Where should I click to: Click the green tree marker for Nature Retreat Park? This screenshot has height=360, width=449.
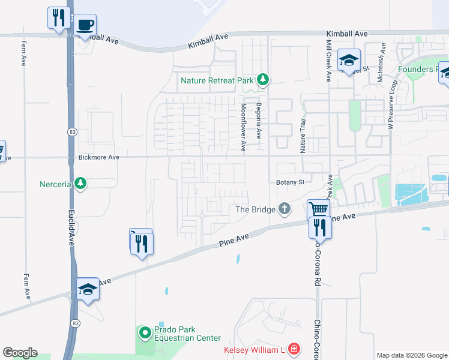pyautogui.click(x=262, y=79)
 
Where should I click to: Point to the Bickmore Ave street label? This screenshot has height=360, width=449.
pyautogui.click(x=99, y=157)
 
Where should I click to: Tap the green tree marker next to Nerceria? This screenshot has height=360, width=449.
pyautogui.click(x=80, y=182)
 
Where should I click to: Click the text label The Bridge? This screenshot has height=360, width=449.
pyautogui.click(x=255, y=209)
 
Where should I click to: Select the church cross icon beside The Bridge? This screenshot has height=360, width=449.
pyautogui.click(x=284, y=209)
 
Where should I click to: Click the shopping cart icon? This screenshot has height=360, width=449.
pyautogui.click(x=318, y=209)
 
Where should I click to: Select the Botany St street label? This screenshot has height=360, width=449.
pyautogui.click(x=291, y=182)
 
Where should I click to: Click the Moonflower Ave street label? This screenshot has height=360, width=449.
pyautogui.click(x=244, y=127)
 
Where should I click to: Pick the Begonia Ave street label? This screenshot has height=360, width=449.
pyautogui.click(x=259, y=122)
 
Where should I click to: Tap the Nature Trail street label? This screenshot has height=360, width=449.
pyautogui.click(x=303, y=135)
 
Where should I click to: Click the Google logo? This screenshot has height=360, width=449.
pyautogui.click(x=20, y=353)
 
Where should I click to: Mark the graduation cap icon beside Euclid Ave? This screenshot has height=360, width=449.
pyautogui.click(x=88, y=289)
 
